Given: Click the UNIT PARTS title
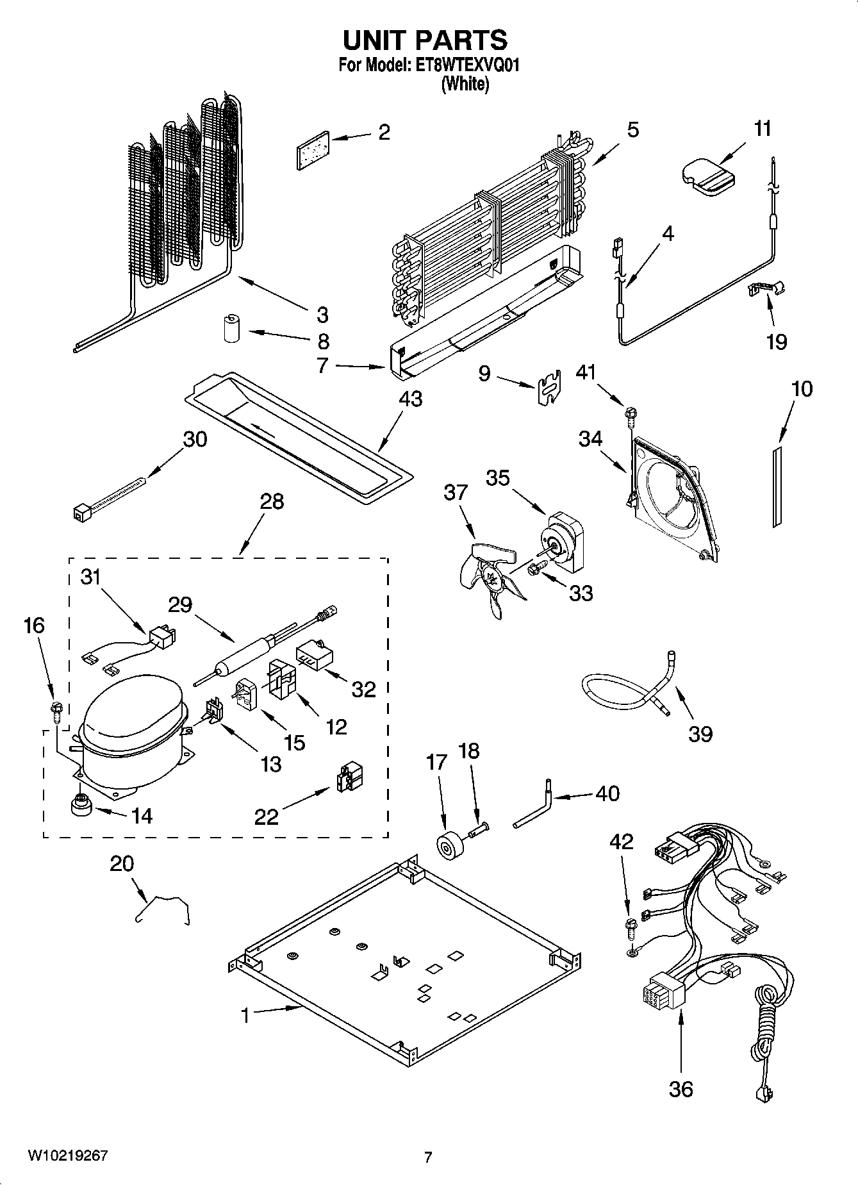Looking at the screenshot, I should coord(425,40).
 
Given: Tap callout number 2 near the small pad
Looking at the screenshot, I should coord(383,133).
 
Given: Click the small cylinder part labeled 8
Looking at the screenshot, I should coord(231,329).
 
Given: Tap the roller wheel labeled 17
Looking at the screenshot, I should coord(445,845).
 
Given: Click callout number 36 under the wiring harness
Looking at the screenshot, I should coord(681,1089).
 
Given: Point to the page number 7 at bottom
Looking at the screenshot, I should coord(428,1157).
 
